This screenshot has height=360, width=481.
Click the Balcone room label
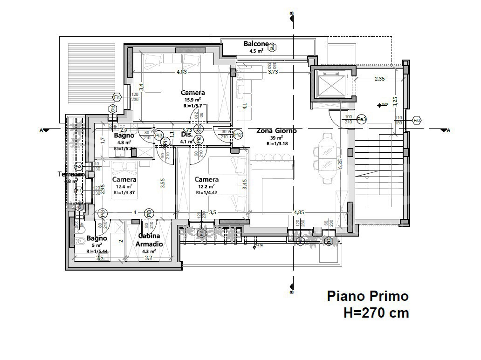[x=256, y=44]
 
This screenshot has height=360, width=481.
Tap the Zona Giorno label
[x=276, y=131]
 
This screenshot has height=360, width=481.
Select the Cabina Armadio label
[x=149, y=240]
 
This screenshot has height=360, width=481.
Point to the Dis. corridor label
[x=186, y=135]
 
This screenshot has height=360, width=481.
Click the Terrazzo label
[x=71, y=174]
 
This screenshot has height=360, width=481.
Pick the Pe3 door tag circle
[x=361, y=119]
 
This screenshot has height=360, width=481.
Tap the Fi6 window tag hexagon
[x=417, y=120]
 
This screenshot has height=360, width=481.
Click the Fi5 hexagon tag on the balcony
[x=273, y=47]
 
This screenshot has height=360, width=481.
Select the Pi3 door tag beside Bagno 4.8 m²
[x=159, y=136]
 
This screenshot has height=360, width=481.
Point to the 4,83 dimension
[x=181, y=72]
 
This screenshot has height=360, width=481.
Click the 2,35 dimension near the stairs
[x=379, y=79]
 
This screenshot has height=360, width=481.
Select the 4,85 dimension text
[x=300, y=212]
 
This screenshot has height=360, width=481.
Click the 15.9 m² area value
[x=193, y=99]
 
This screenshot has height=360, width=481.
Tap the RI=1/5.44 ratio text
[x=97, y=251]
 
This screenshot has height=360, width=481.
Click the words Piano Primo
[x=367, y=296]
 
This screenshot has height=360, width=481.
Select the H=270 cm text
[x=376, y=313]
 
